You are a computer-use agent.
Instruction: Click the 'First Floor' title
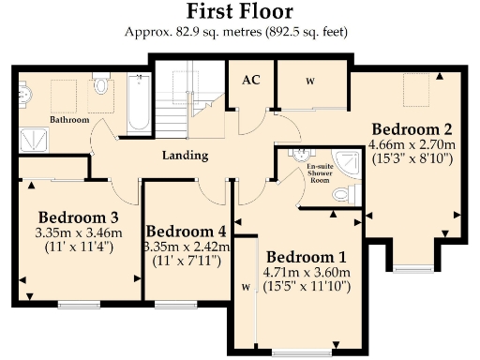tap(239, 12)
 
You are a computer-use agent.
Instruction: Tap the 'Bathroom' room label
tap(69, 120)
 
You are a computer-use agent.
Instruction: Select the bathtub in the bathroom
tap(138, 104)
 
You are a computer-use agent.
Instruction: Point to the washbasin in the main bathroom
tap(22, 94)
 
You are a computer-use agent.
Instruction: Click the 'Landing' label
tap(184, 156)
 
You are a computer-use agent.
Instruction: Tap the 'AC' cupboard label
tap(250, 81)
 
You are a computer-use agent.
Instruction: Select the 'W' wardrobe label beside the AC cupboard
tap(309, 82)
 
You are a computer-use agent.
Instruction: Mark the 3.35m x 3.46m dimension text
tap(71, 232)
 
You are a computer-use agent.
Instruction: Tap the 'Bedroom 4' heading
tap(186, 232)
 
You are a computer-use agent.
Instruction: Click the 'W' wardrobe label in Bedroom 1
tap(244, 289)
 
